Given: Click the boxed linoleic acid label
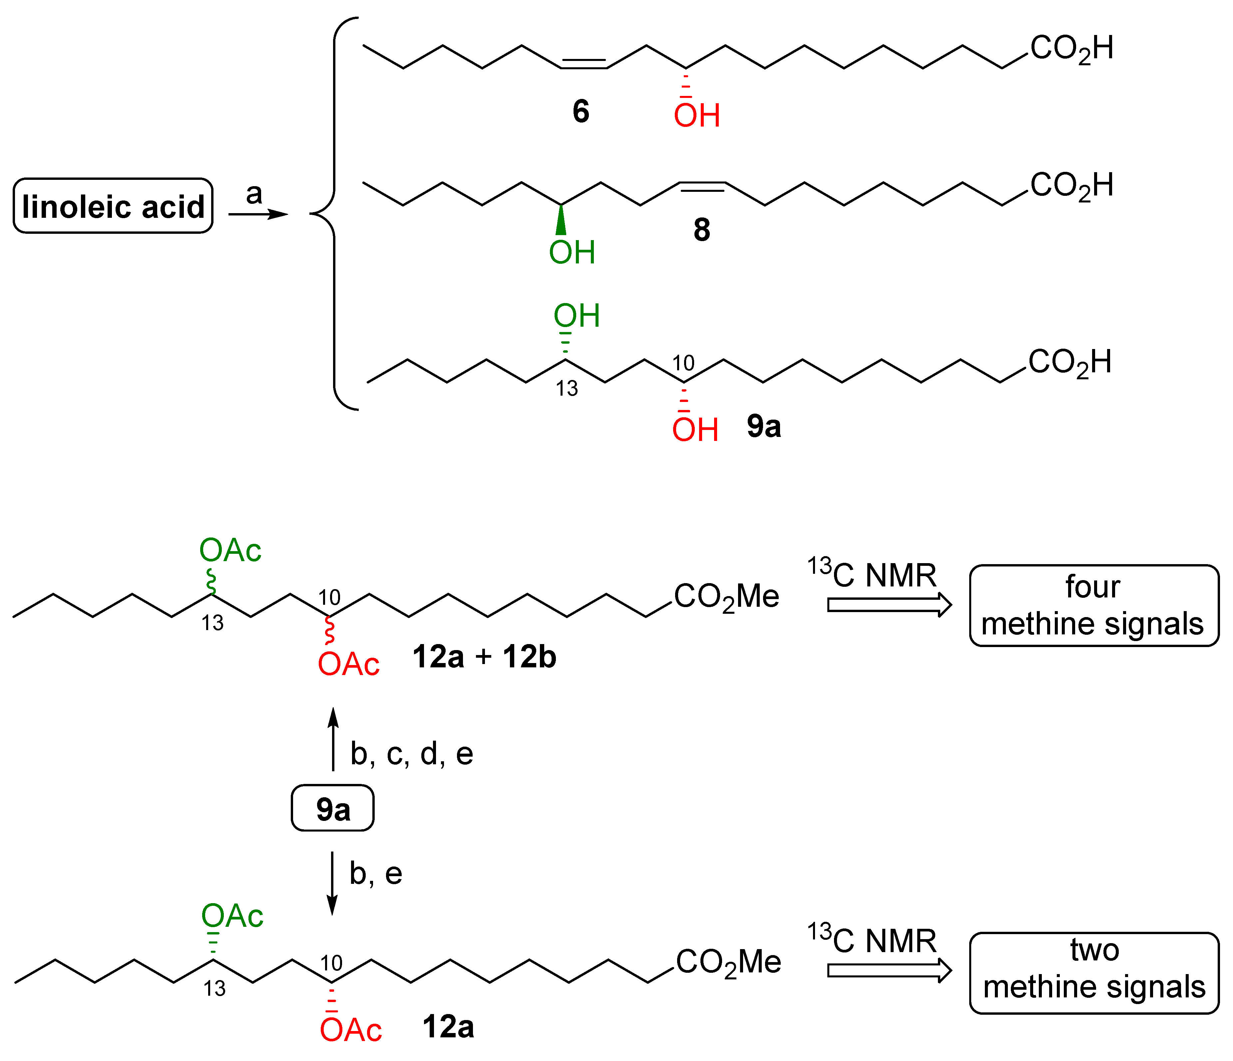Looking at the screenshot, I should click(113, 206).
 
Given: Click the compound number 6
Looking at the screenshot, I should click(581, 111).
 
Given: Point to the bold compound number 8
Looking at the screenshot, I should click(701, 230).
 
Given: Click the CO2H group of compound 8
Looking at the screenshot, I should click(1071, 186).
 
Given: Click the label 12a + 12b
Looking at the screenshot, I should click(484, 657).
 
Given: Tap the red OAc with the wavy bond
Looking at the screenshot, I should click(349, 664).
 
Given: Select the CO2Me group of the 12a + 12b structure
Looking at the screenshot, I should click(726, 597).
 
